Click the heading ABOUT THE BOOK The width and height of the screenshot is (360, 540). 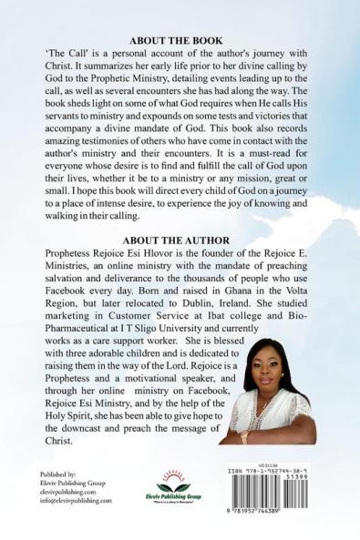click(180, 42)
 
